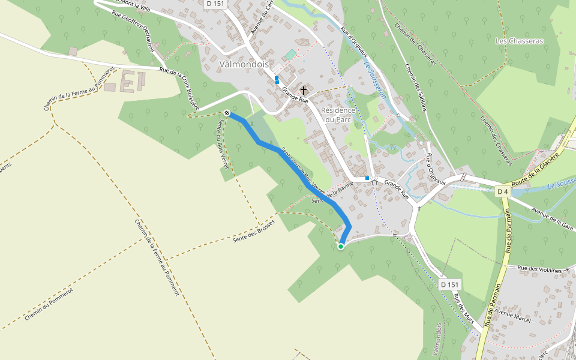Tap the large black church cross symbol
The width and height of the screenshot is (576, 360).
pos(304,91)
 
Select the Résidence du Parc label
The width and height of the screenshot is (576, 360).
pos(338,115)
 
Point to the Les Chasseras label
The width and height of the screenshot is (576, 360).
pos(519,41)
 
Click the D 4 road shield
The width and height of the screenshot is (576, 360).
pos(503,191)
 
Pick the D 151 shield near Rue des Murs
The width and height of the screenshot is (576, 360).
pos(449,284)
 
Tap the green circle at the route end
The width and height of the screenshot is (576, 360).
pos(341,246)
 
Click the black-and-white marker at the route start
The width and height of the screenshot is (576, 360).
pos(227,113)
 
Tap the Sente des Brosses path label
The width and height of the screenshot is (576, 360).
pos(253,231)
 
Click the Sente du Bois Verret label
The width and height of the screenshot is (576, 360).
pos(221,142)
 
